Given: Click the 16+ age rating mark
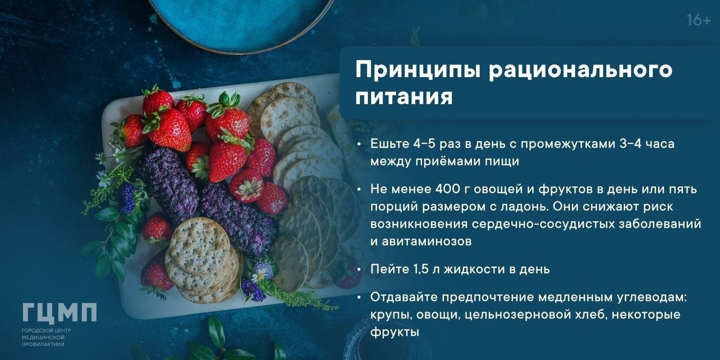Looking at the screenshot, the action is click(x=699, y=20).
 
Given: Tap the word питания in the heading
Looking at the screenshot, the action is click(x=404, y=96).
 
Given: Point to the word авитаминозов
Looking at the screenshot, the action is click(x=427, y=241).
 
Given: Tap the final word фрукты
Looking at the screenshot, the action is click(x=395, y=332).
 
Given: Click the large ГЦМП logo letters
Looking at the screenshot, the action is click(x=60, y=313).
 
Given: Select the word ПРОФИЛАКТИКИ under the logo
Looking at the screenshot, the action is click(x=43, y=344).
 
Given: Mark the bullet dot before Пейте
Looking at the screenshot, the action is click(x=359, y=269).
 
